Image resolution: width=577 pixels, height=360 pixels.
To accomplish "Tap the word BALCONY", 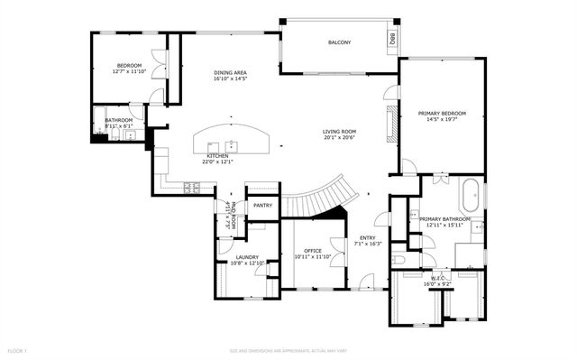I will [x=339, y=43].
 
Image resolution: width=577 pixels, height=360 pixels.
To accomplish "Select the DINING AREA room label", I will [x=231, y=73].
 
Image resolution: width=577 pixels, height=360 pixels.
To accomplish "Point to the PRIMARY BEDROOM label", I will [x=442, y=114].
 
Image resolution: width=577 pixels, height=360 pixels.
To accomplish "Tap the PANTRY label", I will [x=262, y=206].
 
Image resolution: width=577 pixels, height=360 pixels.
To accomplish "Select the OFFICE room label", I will [x=313, y=251].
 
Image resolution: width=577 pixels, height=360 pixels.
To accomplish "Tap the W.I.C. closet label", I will [x=437, y=280].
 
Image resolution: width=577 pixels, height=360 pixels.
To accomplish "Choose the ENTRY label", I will [x=368, y=237].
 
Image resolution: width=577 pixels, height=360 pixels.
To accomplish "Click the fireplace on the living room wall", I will [x=389, y=124].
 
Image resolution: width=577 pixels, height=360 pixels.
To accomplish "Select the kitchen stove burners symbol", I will [x=193, y=188].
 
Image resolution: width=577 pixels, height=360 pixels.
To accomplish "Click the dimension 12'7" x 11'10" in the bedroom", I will [x=130, y=72].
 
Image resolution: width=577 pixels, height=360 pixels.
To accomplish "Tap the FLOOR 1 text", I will [x=18, y=349].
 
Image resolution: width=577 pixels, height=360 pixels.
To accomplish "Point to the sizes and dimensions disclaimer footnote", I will [x=288, y=349].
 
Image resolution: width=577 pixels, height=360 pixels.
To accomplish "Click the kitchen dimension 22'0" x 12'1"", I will [x=216, y=162].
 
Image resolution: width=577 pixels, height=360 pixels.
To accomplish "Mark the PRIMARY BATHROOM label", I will [x=444, y=219].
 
